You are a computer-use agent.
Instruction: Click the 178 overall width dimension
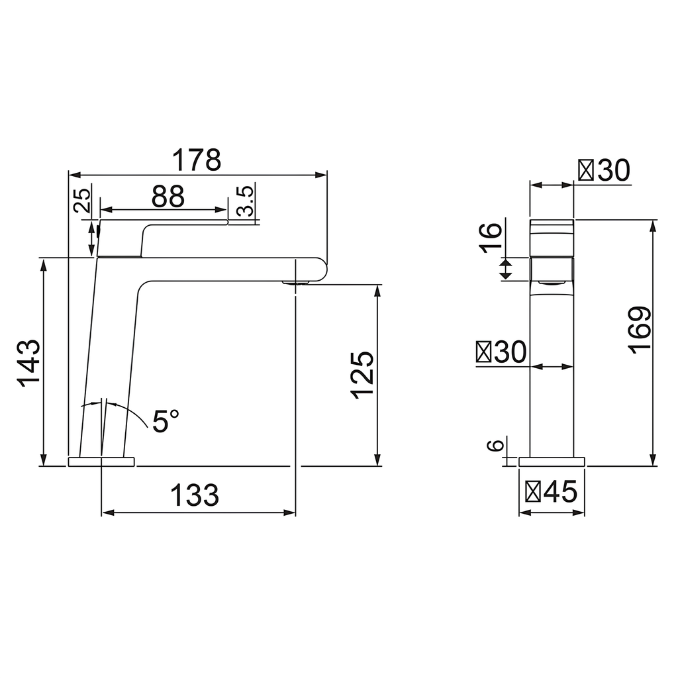point(197,160)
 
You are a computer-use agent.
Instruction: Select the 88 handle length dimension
point(168,196)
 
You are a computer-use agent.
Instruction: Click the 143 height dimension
point(29,362)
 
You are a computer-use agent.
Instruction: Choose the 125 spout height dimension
point(362,375)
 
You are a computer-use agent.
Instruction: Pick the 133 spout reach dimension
point(195,495)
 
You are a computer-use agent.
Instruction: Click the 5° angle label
point(166,421)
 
